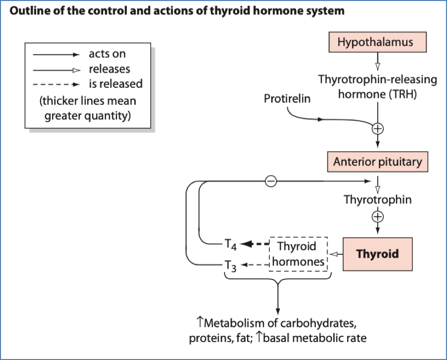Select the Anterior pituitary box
(377, 162)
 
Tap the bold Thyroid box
(377, 254)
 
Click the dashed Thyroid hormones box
(299, 254)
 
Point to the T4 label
(229, 245)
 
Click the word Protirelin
(287, 99)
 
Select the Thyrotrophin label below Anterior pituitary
(377, 200)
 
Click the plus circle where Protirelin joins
(377, 128)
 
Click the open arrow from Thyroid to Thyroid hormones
(337, 254)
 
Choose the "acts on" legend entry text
(107, 54)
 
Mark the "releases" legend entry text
(109, 69)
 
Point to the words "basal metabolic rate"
(314, 337)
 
